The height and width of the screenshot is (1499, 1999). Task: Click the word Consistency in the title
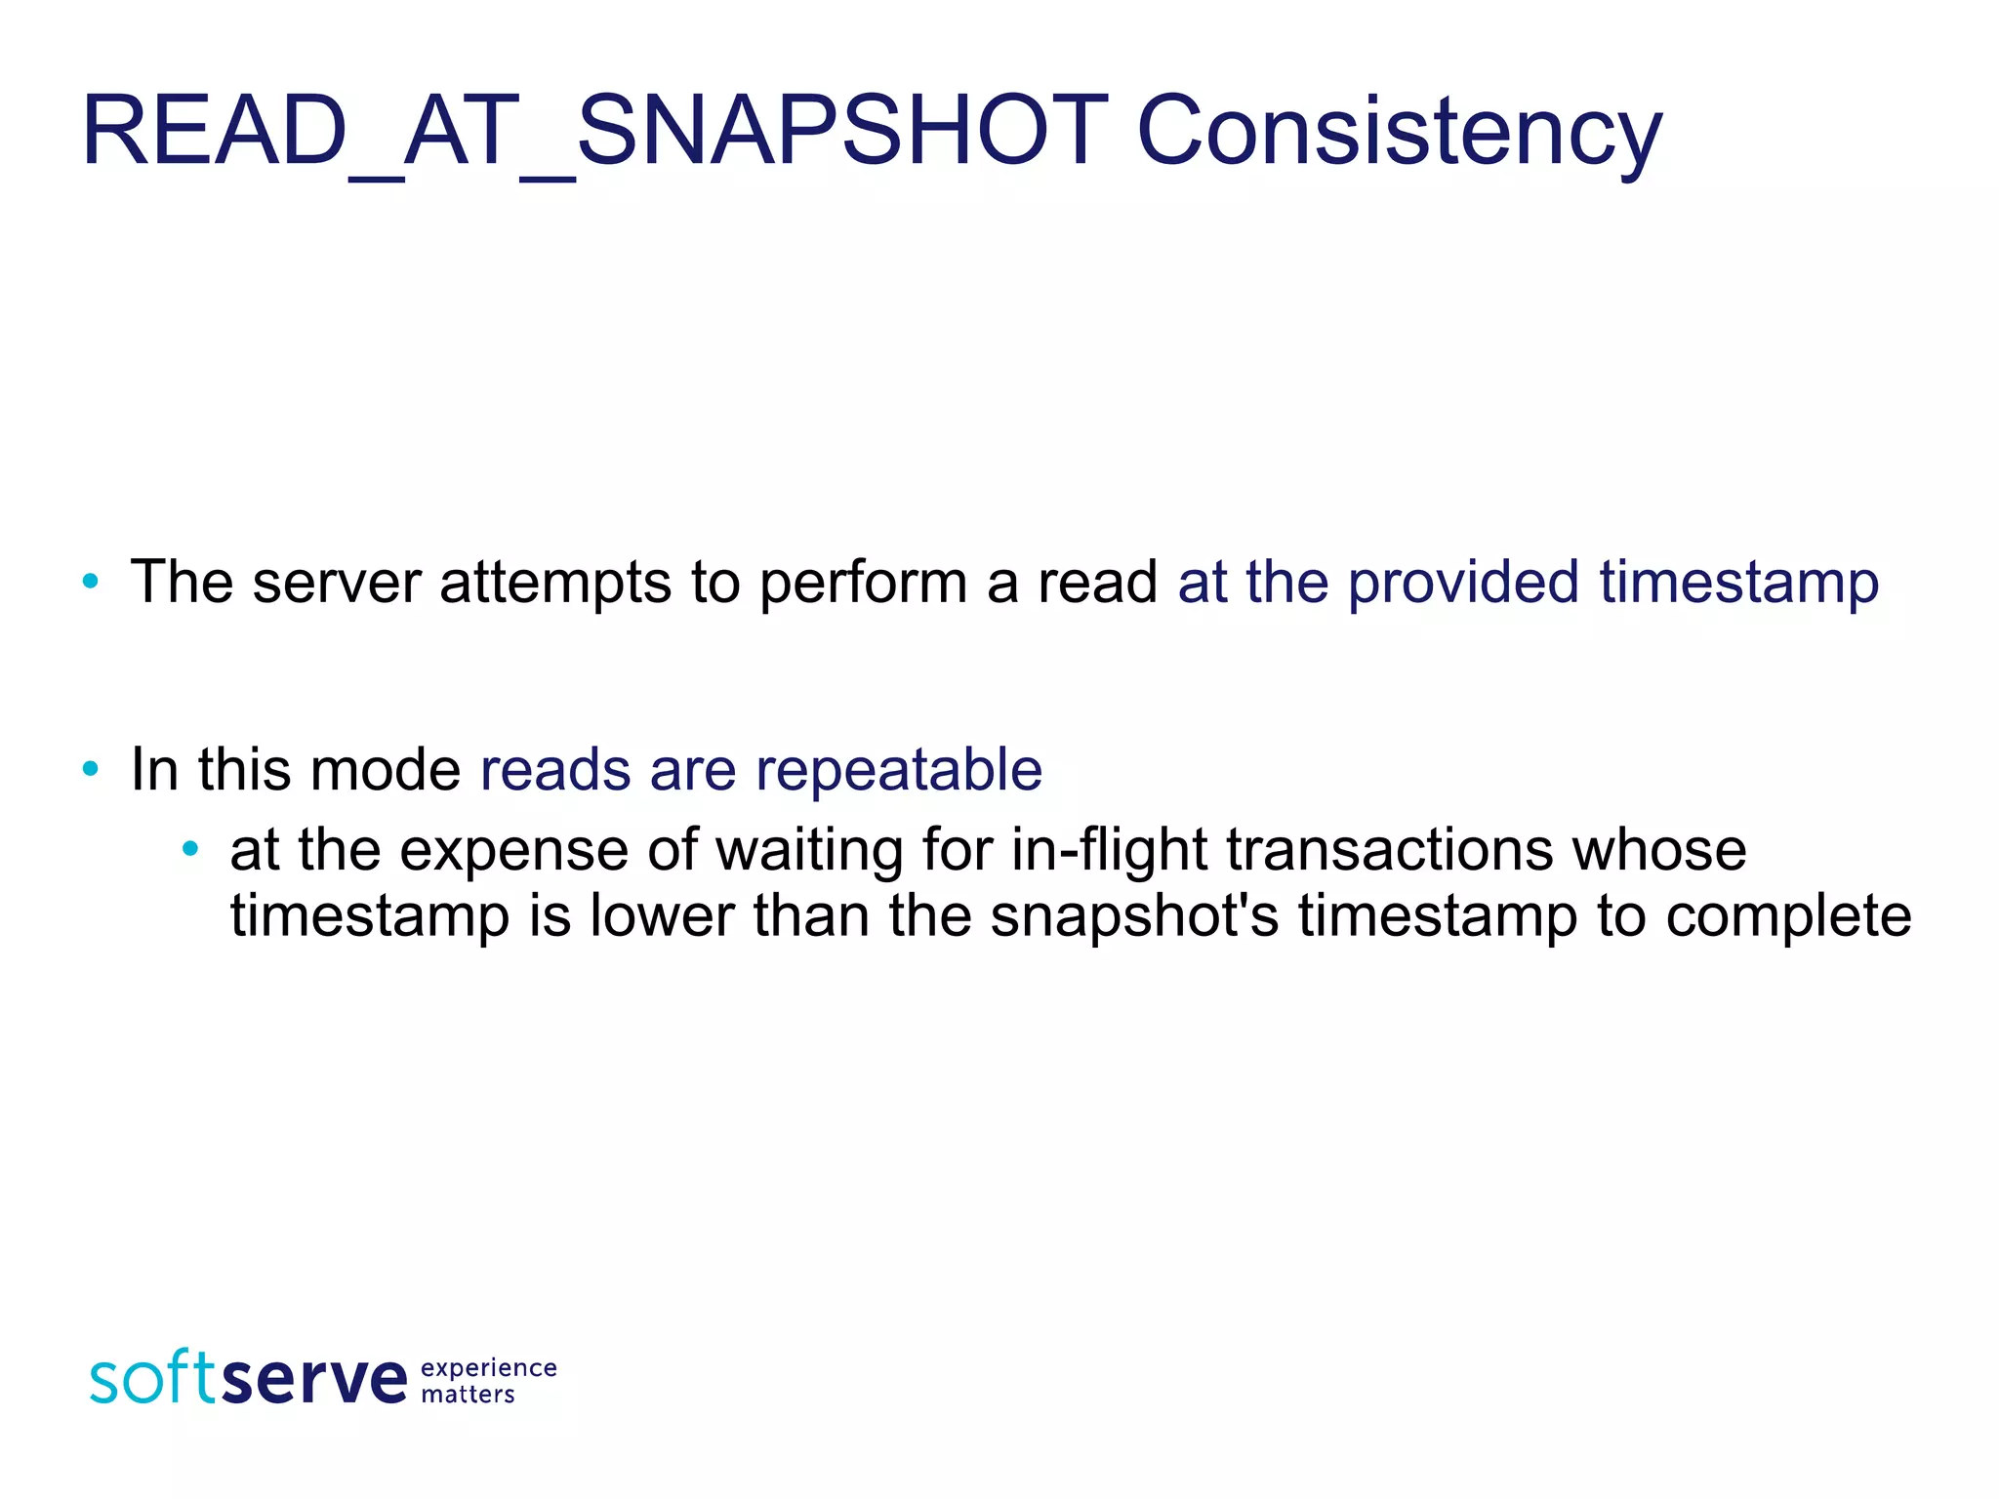[1398, 132]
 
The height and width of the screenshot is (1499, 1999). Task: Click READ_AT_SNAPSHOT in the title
[595, 132]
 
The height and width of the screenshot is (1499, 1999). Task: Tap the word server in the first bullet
[336, 583]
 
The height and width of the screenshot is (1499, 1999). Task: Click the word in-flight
[1109, 851]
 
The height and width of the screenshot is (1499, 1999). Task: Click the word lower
[662, 916]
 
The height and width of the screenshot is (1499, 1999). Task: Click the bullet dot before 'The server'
[91, 583]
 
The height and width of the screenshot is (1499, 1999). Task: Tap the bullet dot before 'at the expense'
[190, 849]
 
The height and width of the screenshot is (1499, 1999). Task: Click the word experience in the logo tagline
[488, 1369]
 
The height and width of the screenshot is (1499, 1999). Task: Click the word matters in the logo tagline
[468, 1396]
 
